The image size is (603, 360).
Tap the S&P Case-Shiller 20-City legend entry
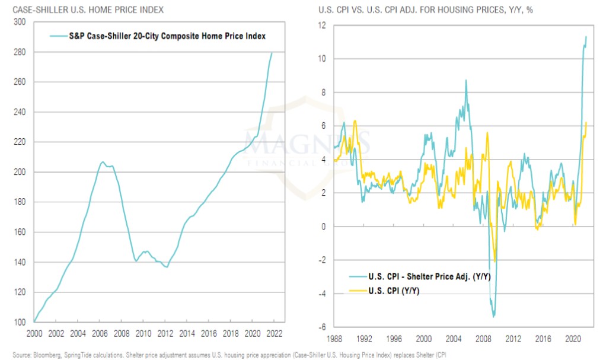pos(158,36)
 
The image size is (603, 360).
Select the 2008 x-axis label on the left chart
pos(122,333)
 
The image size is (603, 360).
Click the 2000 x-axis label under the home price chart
pos(34,333)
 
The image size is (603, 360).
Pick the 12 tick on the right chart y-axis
pos(322,25)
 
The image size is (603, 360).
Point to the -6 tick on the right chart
pos(322,327)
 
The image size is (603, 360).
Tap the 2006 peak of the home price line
pos(102,161)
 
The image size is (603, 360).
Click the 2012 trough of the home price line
pos(167,267)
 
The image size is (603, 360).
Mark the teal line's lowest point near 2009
pos(493,316)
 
